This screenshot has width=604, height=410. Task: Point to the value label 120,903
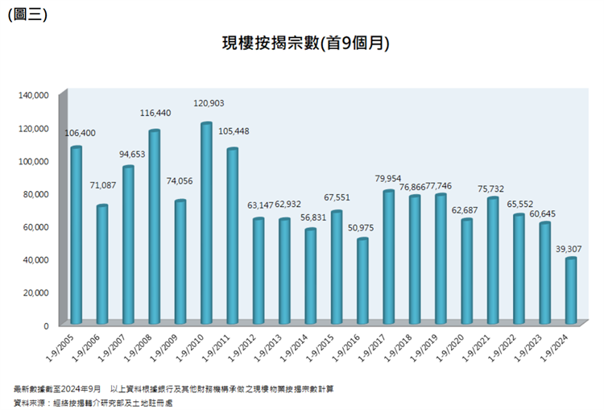209,103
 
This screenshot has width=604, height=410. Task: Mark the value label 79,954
388,178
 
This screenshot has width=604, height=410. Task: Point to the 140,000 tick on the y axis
33,95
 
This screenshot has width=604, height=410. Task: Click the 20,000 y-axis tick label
35,292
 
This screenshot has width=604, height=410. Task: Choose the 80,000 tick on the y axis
35,194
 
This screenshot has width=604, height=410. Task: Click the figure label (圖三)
27,14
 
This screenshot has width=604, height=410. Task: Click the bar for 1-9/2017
388,257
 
